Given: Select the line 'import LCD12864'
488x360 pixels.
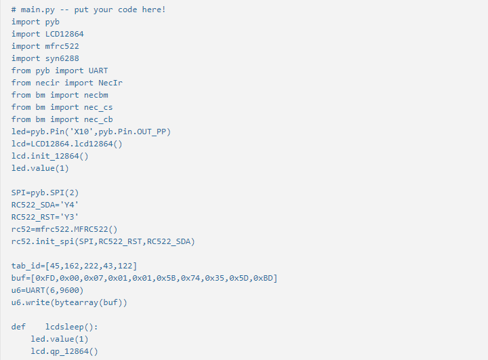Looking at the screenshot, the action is coord(47,34).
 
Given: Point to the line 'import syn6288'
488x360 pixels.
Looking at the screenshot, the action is coord(45,58).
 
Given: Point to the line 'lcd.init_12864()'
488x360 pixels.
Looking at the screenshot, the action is coord(49,156).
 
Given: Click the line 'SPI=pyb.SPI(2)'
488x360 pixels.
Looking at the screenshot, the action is coord(45,193).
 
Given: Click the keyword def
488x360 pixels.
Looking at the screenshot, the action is coord(18,327).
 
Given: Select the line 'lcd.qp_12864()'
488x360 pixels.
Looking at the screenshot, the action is coord(64,351).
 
